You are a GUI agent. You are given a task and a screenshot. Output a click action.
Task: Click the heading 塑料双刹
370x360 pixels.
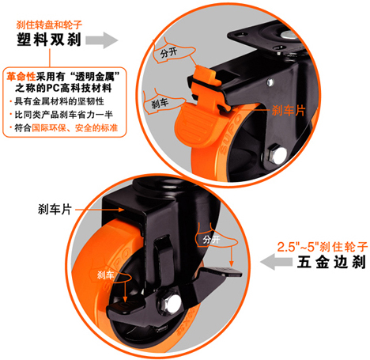(x=49, y=40)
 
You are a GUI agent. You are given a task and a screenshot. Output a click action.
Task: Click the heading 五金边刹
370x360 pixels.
(x=331, y=263)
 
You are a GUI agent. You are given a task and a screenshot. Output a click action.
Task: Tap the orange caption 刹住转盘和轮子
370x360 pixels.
(x=49, y=25)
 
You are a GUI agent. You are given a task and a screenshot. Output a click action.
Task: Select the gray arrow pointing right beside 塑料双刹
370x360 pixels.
(x=102, y=40)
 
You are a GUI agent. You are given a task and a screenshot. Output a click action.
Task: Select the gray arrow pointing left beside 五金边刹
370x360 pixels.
(x=276, y=262)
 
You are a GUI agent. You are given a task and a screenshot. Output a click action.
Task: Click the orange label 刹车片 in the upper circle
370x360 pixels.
(x=288, y=110)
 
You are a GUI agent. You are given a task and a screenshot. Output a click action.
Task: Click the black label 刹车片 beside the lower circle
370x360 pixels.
(x=55, y=210)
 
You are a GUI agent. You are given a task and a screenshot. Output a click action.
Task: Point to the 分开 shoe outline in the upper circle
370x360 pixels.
(x=172, y=51)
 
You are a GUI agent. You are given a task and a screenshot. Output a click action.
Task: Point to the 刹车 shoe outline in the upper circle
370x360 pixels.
(x=164, y=102)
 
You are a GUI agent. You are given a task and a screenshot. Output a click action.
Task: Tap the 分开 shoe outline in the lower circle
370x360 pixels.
(x=215, y=237)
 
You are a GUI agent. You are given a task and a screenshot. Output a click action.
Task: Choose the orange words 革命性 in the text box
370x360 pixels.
(x=21, y=77)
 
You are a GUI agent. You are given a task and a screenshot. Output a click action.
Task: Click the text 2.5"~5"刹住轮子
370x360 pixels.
(x=322, y=247)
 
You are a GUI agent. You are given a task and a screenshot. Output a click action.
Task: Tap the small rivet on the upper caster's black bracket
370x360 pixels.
(x=270, y=82)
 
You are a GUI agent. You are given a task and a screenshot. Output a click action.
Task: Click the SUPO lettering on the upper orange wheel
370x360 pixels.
(x=230, y=134)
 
